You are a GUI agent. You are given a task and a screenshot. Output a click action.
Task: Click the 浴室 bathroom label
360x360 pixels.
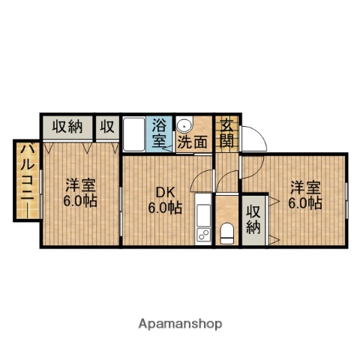click(x=159, y=131)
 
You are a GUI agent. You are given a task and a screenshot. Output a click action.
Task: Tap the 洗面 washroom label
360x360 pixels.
click(x=193, y=140)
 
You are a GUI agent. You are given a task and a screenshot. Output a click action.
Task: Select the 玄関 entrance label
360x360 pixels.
click(x=226, y=133)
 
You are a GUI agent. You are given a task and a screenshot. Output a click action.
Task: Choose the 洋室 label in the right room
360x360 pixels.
click(x=306, y=185)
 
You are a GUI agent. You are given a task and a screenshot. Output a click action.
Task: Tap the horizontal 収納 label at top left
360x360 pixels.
click(x=66, y=126)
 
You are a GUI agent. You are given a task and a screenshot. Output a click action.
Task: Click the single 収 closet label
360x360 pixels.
click(x=107, y=126)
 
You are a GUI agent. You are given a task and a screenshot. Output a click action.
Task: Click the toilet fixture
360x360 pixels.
click(x=227, y=233)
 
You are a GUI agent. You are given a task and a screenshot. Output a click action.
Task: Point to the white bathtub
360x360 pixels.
click(x=136, y=135)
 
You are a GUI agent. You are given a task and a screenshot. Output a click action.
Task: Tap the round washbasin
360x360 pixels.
click(x=185, y=125)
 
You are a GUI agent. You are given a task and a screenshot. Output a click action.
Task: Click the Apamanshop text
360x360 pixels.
click(x=180, y=324)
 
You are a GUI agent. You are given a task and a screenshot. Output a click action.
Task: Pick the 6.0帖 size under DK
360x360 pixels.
click(x=164, y=208)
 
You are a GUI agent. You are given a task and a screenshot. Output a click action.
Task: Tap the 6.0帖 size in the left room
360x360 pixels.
click(x=78, y=201)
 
